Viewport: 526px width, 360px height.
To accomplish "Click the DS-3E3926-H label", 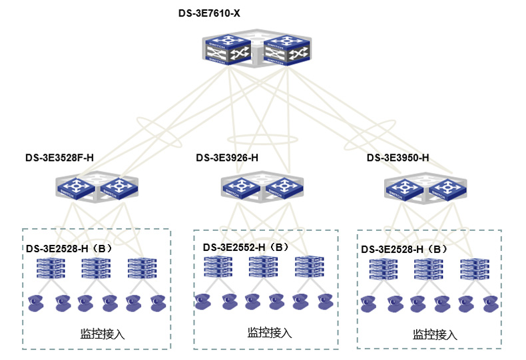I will point(227,158).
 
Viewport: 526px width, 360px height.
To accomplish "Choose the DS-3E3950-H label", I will point(397,158).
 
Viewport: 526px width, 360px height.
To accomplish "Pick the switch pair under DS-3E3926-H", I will point(262,187).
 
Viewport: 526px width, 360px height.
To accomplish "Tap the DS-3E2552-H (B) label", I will point(246,247).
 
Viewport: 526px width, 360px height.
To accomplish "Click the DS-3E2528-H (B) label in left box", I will point(69,249).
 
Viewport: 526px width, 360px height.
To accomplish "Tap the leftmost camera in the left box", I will point(37,304).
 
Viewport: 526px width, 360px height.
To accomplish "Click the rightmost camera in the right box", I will point(490,304).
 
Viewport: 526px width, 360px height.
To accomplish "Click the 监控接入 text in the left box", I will point(102,333).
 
